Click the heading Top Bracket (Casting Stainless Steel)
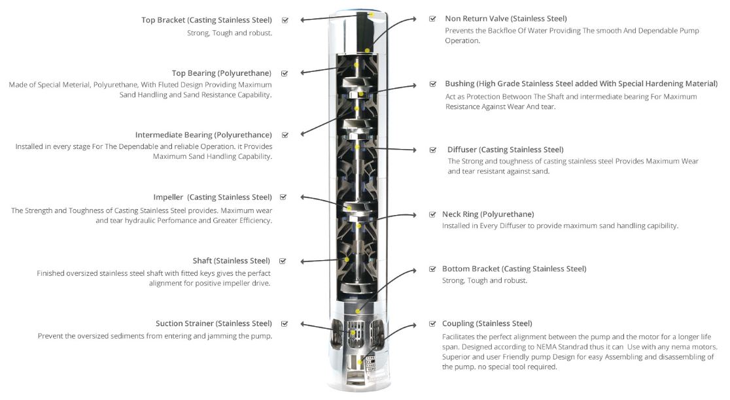click(x=206, y=20)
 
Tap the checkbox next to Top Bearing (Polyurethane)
click(x=285, y=73)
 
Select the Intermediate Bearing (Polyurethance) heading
click(x=203, y=135)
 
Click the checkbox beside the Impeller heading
click(x=283, y=197)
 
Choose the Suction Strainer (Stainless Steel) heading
click(x=213, y=323)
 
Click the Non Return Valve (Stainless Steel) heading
click(x=506, y=18)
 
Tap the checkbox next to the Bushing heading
click(x=432, y=84)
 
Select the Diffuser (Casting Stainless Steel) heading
click(x=505, y=150)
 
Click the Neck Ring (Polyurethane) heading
click(x=488, y=214)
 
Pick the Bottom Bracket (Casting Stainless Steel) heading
click(x=514, y=269)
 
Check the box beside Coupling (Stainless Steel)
click(x=432, y=324)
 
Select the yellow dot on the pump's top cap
click(x=372, y=14)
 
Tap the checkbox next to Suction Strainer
click(x=285, y=323)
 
